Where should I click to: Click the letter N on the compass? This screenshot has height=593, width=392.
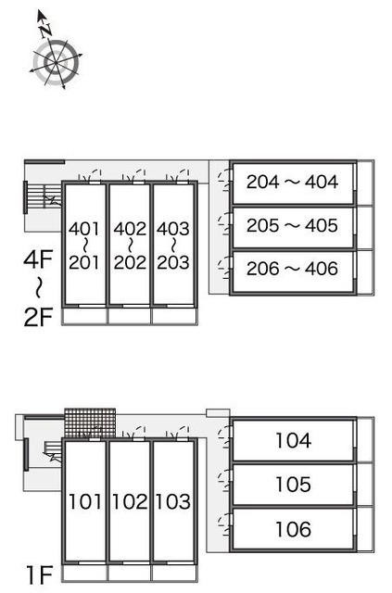click(46, 30)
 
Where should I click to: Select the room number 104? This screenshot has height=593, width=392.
click(293, 441)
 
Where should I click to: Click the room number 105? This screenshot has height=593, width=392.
click(293, 485)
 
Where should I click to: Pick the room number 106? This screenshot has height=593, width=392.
click(293, 529)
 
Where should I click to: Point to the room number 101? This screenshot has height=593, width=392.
click(84, 501)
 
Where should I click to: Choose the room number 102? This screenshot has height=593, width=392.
click(130, 501)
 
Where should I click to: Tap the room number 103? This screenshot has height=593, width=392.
click(173, 501)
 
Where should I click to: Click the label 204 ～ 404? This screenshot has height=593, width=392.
click(292, 182)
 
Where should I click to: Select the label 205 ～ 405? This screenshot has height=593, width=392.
click(292, 225)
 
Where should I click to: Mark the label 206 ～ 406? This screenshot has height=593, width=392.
click(292, 269)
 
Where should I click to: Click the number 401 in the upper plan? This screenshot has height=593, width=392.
click(84, 229)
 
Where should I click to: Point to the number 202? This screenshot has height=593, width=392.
click(130, 262)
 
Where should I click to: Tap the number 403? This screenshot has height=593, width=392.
click(173, 229)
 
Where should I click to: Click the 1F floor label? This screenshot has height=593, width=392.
click(39, 574)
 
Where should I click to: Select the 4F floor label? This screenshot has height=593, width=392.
click(38, 259)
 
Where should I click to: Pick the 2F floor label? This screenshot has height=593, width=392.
click(38, 317)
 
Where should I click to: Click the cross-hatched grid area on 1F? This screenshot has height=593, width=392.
click(90, 423)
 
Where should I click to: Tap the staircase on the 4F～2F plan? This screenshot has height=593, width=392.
click(44, 196)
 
